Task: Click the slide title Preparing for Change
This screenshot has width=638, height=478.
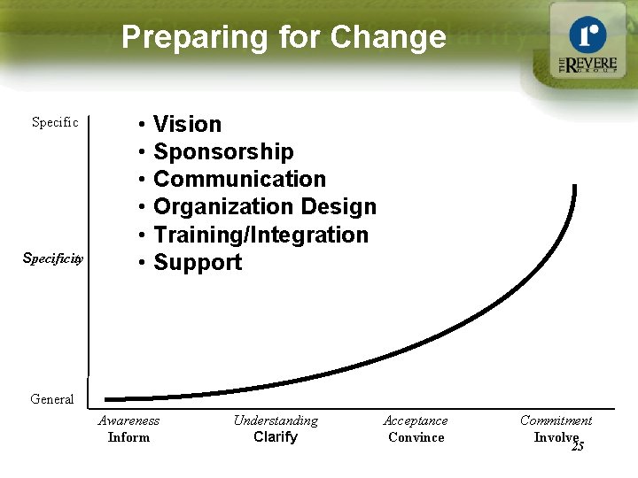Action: [x=284, y=37]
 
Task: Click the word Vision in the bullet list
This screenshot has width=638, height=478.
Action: [x=187, y=124]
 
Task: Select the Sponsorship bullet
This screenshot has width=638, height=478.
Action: [x=223, y=151]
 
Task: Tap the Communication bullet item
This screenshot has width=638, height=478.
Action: [x=239, y=179]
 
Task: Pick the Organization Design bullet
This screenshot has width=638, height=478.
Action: [x=265, y=207]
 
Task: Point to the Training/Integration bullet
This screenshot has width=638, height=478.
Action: [x=261, y=235]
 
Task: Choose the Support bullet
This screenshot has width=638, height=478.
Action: [x=198, y=262]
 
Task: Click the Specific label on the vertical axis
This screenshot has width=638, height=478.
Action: [x=55, y=122]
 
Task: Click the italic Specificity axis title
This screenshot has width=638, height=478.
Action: [x=53, y=258]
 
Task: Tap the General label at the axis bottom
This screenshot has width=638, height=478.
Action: [x=52, y=399]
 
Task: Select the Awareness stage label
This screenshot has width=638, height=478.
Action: [x=128, y=420]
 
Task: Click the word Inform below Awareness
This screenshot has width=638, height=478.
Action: [x=128, y=437]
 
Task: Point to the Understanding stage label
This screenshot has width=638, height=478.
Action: [x=276, y=420]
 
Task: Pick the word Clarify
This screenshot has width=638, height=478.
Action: [x=276, y=437]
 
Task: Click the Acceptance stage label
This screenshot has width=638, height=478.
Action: [x=416, y=420]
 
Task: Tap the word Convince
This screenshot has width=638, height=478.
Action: [x=416, y=437]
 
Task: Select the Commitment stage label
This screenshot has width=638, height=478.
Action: [x=556, y=420]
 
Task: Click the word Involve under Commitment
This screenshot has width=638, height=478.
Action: [x=555, y=436]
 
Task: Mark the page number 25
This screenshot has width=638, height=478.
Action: [x=578, y=447]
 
